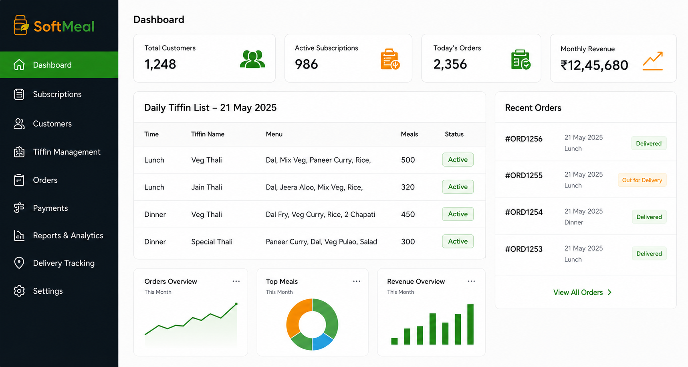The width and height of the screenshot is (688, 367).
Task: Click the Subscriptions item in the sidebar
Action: (x=57, y=94)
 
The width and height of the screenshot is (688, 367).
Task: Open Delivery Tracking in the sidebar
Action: (x=64, y=263)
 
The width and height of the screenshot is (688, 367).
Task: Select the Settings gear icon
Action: (x=19, y=291)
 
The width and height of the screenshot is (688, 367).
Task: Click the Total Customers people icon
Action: (x=252, y=59)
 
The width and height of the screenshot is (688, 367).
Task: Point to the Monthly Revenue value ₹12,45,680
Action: (x=594, y=65)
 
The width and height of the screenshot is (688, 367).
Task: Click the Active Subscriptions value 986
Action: (x=307, y=64)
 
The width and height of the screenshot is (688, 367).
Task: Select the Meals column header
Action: (x=409, y=134)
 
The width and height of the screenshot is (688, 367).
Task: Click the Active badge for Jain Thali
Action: (x=458, y=187)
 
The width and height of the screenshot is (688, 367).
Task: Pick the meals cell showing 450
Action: (x=408, y=214)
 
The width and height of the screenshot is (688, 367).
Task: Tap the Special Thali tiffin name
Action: (x=212, y=242)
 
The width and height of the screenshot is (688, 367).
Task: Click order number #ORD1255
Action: (x=524, y=175)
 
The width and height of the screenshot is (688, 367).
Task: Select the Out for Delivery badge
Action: (x=642, y=180)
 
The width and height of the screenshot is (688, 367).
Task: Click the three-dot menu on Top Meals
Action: (x=357, y=281)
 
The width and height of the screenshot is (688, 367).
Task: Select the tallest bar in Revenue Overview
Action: (x=470, y=325)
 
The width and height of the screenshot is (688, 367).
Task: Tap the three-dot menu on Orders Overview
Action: (x=236, y=281)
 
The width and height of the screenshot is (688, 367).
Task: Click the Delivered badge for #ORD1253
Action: (x=649, y=254)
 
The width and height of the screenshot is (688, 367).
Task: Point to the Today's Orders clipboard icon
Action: (x=521, y=60)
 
